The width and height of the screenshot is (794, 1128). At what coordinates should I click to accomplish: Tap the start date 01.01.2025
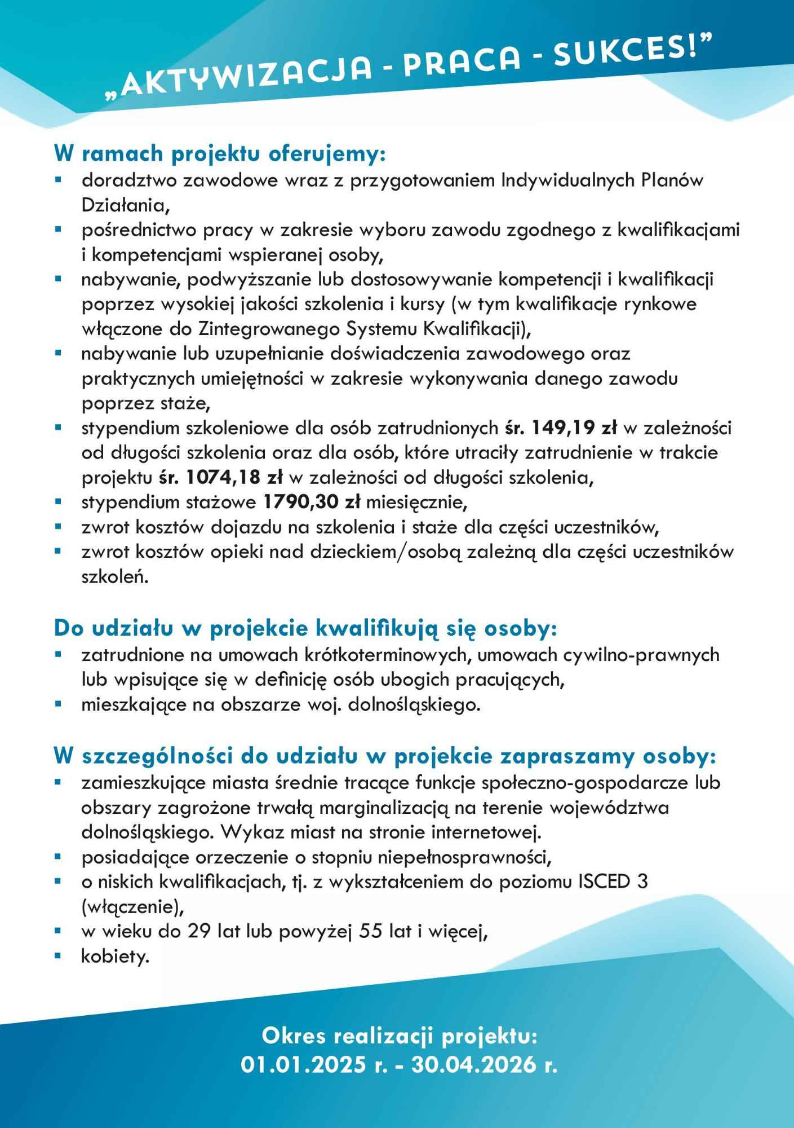coord(303,1064)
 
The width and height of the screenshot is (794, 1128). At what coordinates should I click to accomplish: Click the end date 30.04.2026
coord(472,1064)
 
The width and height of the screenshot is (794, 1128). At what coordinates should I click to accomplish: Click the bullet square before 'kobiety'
coord(57,956)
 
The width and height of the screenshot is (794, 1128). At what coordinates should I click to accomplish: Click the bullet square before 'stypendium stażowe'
coord(57,501)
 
